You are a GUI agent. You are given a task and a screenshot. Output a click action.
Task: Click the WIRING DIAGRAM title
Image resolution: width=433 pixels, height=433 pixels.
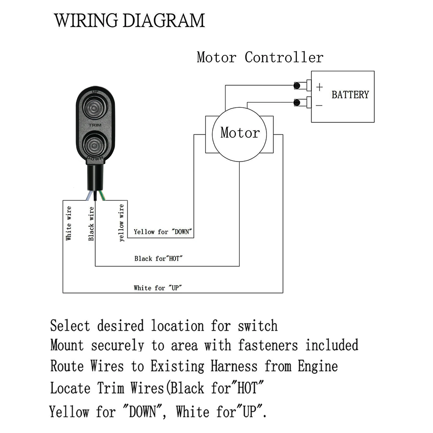[x=129, y=21]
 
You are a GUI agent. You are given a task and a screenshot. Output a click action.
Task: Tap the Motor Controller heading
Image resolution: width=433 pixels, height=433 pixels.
[x=260, y=57]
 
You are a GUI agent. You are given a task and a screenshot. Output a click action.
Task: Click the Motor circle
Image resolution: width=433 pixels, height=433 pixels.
[x=240, y=134]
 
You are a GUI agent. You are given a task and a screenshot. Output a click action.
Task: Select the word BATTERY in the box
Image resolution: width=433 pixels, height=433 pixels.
[x=350, y=95]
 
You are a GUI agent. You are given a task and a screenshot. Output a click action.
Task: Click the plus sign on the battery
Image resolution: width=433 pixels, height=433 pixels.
[x=319, y=87]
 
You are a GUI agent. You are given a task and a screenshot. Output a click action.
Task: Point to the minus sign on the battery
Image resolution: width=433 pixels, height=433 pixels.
[x=319, y=105]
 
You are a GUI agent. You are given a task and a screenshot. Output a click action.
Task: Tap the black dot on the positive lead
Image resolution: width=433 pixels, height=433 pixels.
[x=297, y=86]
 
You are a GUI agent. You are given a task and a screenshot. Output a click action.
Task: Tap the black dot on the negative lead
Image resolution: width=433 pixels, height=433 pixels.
[x=297, y=102]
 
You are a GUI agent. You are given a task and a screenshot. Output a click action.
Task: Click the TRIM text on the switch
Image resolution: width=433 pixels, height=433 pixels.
[x=95, y=125]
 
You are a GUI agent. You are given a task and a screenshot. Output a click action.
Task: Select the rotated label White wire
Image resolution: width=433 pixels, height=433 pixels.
[x=69, y=223]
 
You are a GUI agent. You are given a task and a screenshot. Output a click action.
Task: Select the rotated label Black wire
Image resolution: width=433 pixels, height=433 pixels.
[x=91, y=224]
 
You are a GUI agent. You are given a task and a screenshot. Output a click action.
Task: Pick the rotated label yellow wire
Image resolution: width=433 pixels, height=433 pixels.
[x=121, y=223]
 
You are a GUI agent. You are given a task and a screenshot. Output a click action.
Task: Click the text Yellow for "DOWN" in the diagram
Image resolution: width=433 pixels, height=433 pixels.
[x=163, y=232]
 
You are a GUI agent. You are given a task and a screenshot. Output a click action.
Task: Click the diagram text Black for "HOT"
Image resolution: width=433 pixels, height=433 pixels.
[x=158, y=259]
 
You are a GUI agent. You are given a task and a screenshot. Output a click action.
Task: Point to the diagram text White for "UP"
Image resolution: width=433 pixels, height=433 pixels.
[x=158, y=288]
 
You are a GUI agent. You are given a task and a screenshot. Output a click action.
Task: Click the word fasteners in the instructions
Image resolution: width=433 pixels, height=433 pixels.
[x=268, y=346]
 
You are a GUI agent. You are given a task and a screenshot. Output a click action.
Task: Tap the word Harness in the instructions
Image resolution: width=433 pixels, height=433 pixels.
[x=234, y=366]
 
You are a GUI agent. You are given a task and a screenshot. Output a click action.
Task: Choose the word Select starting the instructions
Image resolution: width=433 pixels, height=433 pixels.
[x=70, y=326]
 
